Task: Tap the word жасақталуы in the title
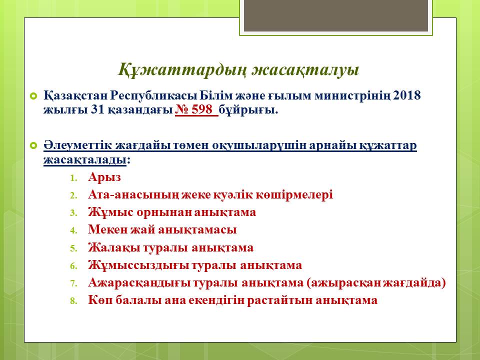coord(305,70)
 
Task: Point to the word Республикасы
coord(153,96)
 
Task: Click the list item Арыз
coord(104,177)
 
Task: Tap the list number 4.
coord(73,230)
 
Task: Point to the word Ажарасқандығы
coord(139,283)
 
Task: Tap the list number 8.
coord(73,301)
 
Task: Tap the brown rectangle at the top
coord(336,15)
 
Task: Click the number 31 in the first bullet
coord(97,109)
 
